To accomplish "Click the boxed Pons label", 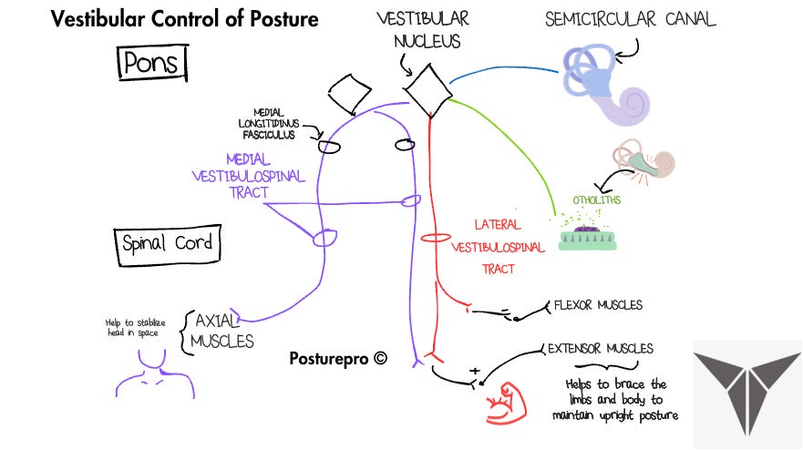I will tap(152, 64).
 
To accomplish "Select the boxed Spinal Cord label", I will tap(165, 243).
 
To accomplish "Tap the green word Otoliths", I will tap(597, 199).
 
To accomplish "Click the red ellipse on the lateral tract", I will tap(437, 239).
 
